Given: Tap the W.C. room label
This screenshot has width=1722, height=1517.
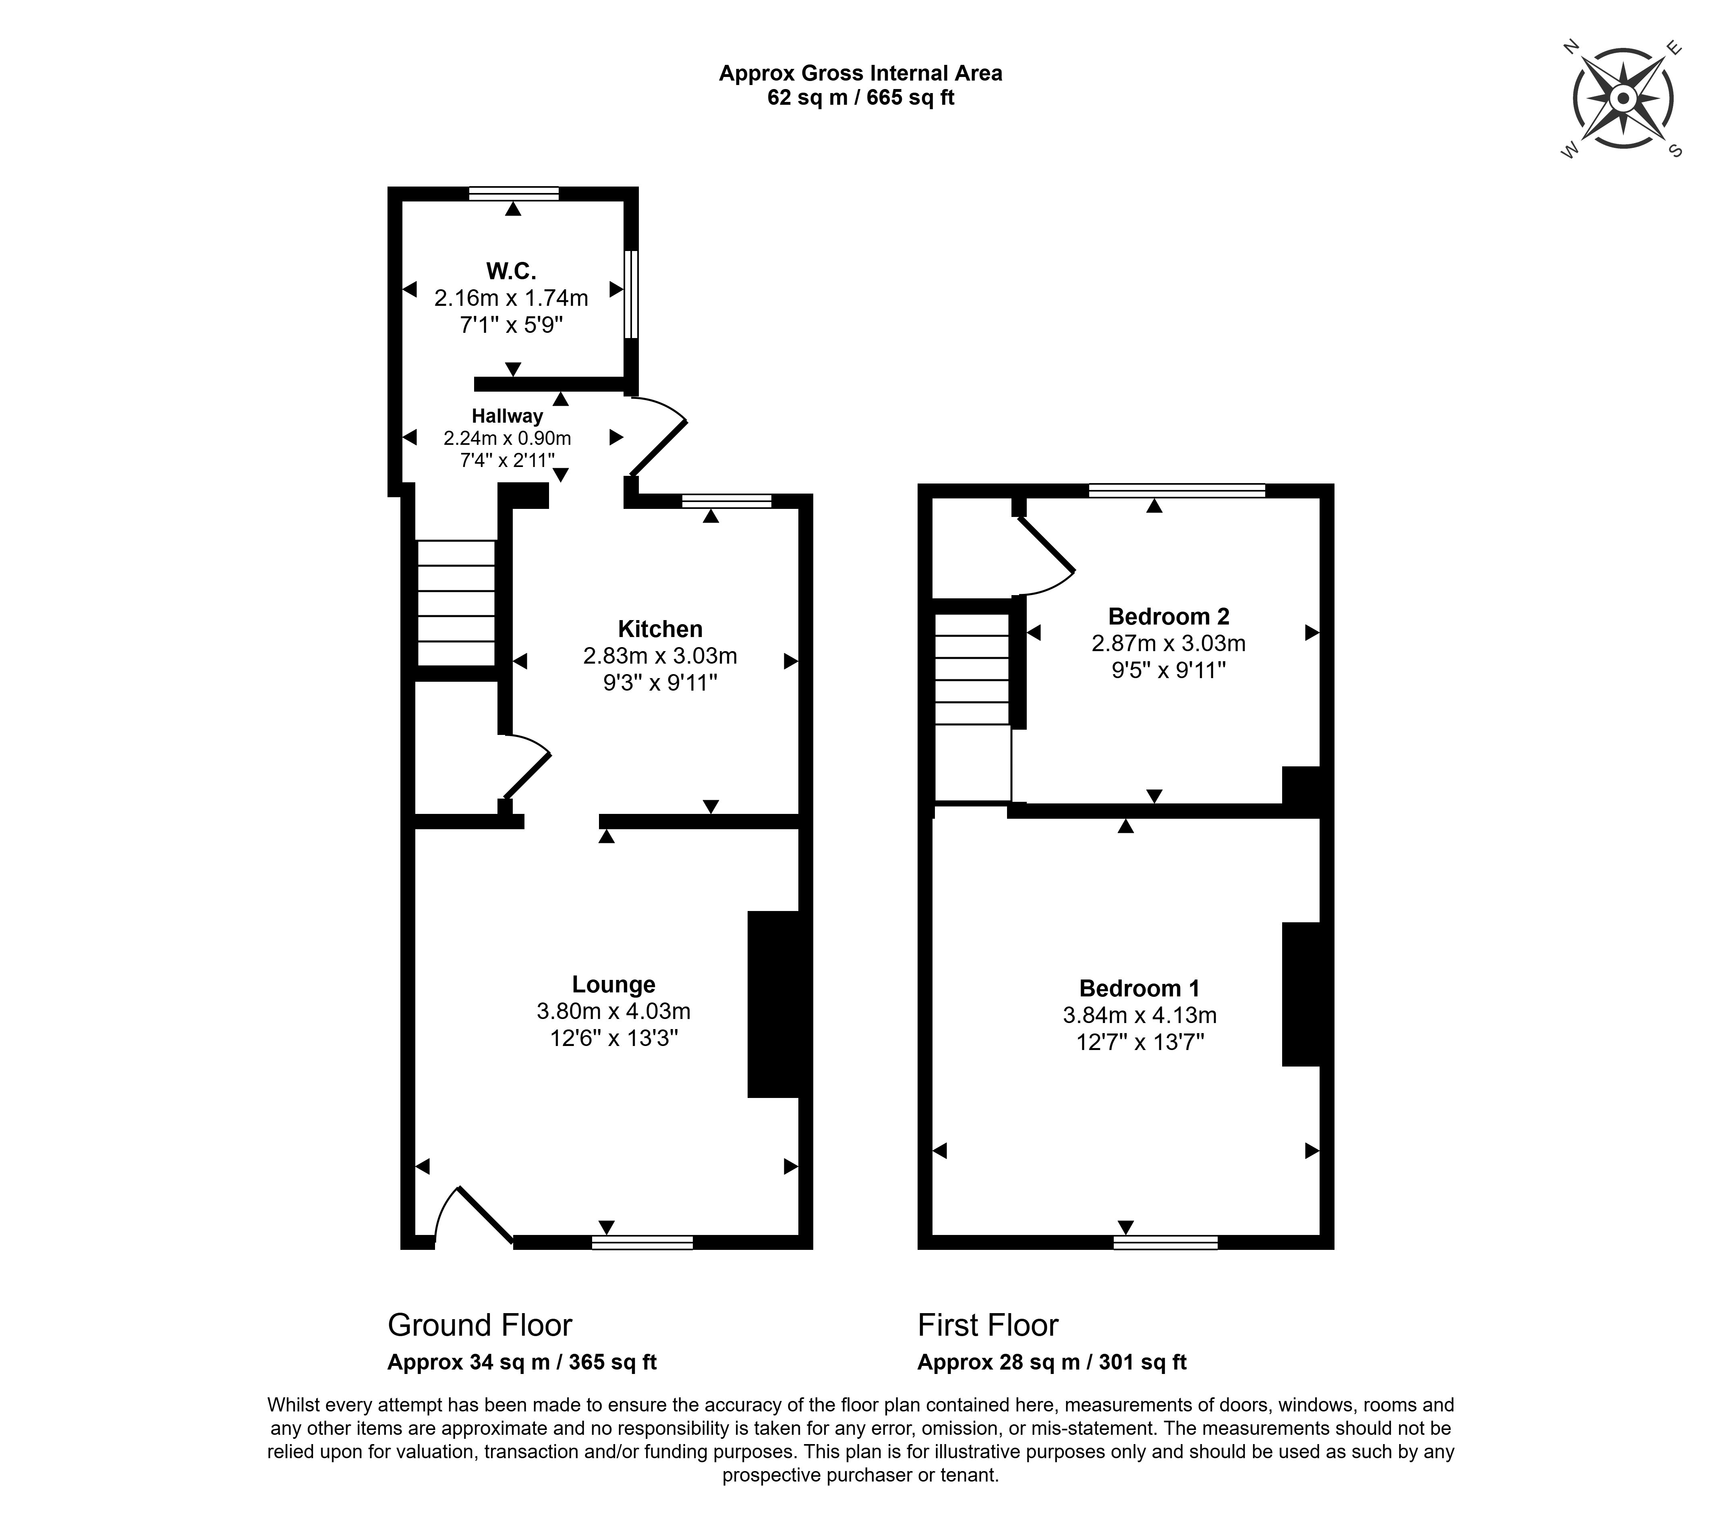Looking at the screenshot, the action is point(512,270).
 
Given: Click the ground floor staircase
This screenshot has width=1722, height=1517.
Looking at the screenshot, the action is point(456,604).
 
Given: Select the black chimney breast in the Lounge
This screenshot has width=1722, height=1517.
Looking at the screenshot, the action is point(774,1004).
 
